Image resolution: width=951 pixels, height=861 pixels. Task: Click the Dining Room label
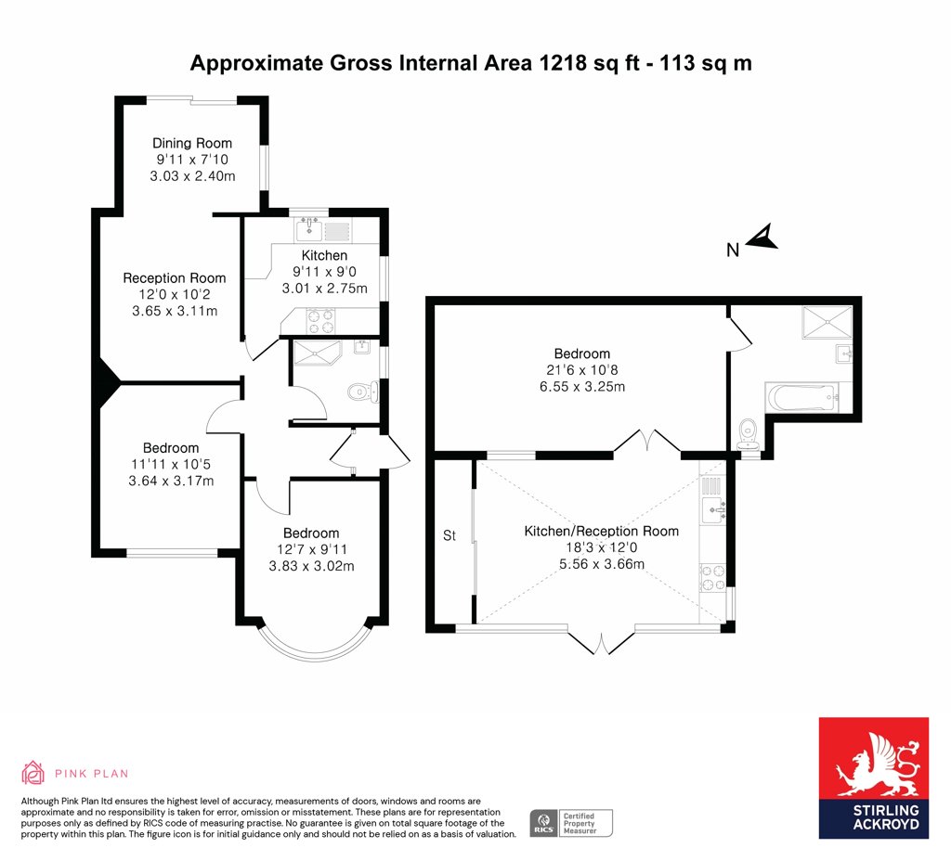click(191, 143)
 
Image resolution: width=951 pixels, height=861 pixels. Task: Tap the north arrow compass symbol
click(762, 238)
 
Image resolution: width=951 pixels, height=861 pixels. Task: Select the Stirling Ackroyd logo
click(873, 778)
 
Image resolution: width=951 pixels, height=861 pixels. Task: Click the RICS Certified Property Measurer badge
click(571, 824)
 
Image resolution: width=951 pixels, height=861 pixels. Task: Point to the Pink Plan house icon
click(33, 773)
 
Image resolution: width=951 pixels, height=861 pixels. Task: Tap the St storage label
click(449, 535)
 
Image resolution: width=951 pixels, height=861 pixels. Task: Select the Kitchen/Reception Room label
click(601, 532)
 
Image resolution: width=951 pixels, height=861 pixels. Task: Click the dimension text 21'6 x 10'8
click(582, 369)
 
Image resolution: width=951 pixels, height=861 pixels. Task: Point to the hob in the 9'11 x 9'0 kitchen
click(320, 321)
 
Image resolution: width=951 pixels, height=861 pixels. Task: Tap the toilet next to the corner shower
click(363, 392)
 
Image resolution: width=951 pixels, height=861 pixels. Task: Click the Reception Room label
click(174, 278)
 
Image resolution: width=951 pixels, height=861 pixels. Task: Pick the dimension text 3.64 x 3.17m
click(171, 482)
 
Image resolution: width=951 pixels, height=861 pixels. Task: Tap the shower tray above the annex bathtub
click(827, 321)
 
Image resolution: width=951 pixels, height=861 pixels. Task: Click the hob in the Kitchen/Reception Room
click(712, 577)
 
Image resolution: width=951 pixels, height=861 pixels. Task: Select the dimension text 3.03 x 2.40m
click(192, 176)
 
